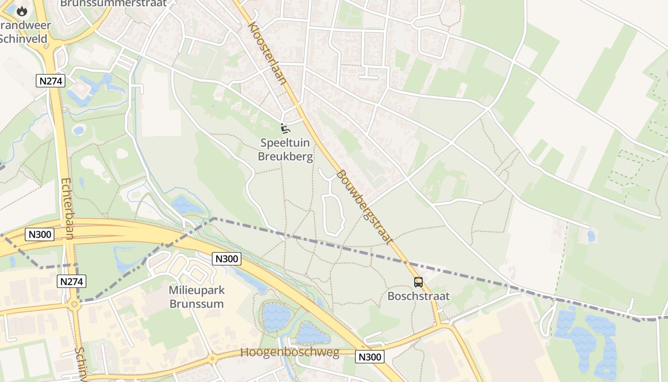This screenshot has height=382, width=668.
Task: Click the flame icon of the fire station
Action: point(22,11)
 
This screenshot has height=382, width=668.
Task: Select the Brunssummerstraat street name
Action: point(114,3)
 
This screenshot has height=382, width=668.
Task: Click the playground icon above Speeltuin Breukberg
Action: point(285,128)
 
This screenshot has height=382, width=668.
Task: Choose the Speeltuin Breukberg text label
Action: point(285,149)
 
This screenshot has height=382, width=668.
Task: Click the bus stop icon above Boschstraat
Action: point(418,282)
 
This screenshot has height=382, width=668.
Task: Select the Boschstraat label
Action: point(418,296)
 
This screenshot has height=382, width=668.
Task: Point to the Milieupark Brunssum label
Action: point(197,297)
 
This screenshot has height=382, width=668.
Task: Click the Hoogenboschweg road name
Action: point(290,353)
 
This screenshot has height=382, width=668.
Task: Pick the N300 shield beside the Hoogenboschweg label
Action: point(370,357)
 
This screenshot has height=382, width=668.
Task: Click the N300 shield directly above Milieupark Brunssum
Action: point(227,259)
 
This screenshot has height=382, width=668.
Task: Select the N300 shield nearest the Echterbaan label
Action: point(40,234)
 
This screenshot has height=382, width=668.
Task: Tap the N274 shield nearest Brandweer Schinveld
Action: point(51,81)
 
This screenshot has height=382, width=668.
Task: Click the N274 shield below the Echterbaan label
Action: point(72,281)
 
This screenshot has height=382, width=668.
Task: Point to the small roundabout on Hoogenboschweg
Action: point(211,359)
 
